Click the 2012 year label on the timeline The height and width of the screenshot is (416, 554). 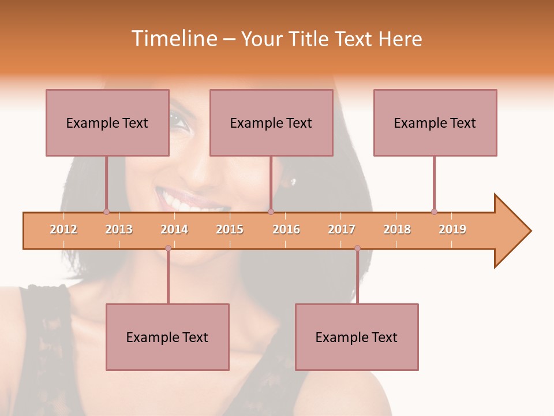tap(63, 229)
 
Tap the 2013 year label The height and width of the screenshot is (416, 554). tap(119, 229)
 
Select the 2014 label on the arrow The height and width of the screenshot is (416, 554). tap(174, 229)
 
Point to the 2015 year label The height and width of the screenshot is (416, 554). tap(230, 229)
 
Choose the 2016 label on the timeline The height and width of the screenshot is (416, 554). tap(286, 229)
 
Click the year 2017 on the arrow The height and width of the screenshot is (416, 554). tap(342, 229)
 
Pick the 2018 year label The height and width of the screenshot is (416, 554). tap(397, 229)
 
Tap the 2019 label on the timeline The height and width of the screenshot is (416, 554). tap(452, 229)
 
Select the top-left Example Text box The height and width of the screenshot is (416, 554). tap(107, 122)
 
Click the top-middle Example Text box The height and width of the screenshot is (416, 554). tap(271, 122)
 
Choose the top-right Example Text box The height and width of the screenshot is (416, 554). tap(435, 122)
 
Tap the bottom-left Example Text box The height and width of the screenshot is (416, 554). tap(167, 337)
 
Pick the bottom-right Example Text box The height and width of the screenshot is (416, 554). tap(357, 337)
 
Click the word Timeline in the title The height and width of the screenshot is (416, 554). tap(173, 39)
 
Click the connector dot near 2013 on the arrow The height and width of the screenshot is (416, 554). tap(106, 212)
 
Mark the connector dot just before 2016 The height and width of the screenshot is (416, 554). tap(271, 212)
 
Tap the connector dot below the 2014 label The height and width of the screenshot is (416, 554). tap(168, 248)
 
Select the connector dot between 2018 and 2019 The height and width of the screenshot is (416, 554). tap(434, 212)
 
